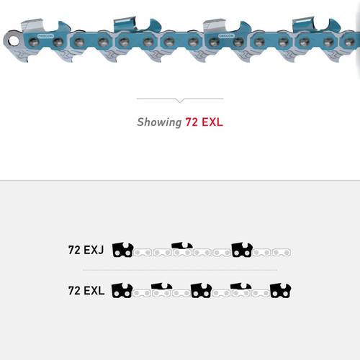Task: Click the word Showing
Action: pyautogui.click(x=158, y=122)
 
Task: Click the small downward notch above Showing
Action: pyautogui.click(x=180, y=101)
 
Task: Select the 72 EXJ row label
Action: pyautogui.click(x=86, y=251)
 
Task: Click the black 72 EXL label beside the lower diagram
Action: pyautogui.click(x=86, y=291)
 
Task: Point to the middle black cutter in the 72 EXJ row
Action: pyautogui.click(x=181, y=249)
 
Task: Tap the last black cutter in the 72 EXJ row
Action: pyautogui.click(x=241, y=249)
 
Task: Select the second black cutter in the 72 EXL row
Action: pyautogui.click(x=161, y=289)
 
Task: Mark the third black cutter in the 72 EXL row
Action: pyautogui.click(x=200, y=290)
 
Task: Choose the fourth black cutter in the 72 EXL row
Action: pyautogui.click(x=240, y=289)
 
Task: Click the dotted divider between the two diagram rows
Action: pyautogui.click(x=180, y=270)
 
